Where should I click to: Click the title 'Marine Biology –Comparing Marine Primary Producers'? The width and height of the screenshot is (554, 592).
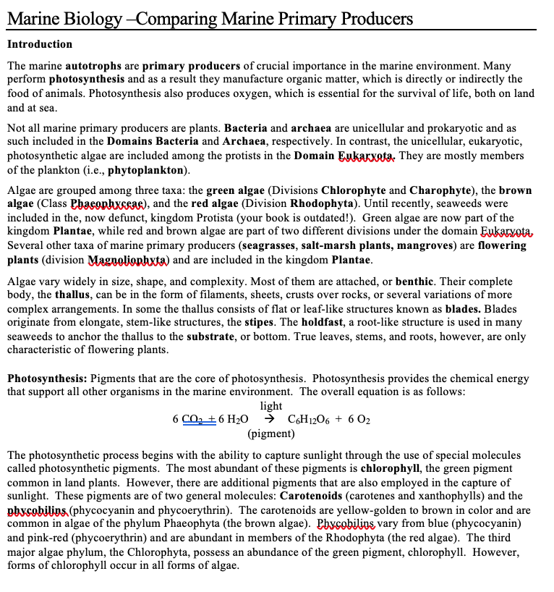[210, 18]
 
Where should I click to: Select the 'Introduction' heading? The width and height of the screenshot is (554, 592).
[40, 45]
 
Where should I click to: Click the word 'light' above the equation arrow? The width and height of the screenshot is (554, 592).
[270, 405]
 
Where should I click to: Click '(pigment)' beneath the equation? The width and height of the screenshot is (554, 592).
[270, 433]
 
